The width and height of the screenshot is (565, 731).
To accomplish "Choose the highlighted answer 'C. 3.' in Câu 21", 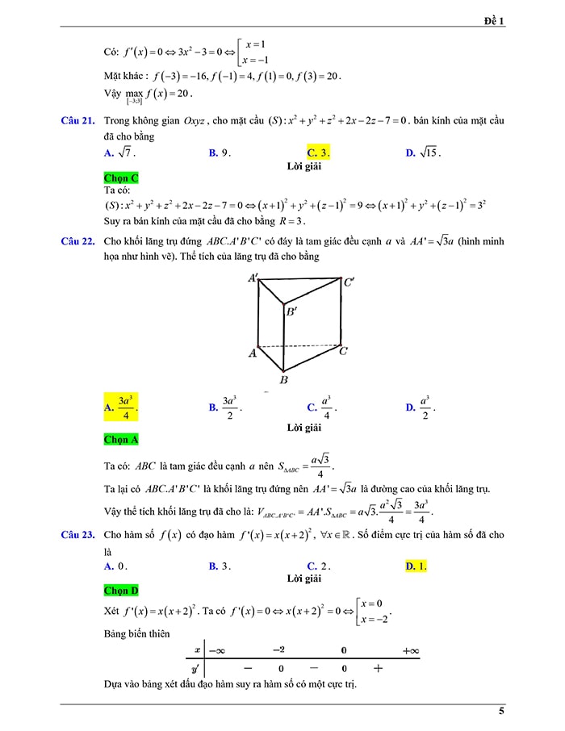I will (x=318, y=152).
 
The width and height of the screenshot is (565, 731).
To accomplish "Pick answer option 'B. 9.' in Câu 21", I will (x=220, y=152).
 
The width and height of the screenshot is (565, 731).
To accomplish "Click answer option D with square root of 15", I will (x=423, y=152).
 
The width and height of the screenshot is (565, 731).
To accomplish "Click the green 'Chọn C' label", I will (x=121, y=178).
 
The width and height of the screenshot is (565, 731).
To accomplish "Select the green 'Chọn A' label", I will (x=121, y=440).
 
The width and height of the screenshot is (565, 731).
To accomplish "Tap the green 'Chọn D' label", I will (x=121, y=591).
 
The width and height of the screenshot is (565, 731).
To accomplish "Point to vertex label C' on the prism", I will (x=349, y=282).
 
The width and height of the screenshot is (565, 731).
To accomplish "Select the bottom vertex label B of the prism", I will (x=283, y=379).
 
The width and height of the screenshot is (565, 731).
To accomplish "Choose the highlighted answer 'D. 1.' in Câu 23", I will (x=416, y=566).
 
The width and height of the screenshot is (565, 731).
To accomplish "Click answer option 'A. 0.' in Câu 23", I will (x=115, y=566).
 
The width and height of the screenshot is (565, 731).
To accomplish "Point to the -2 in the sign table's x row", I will (x=278, y=650).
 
